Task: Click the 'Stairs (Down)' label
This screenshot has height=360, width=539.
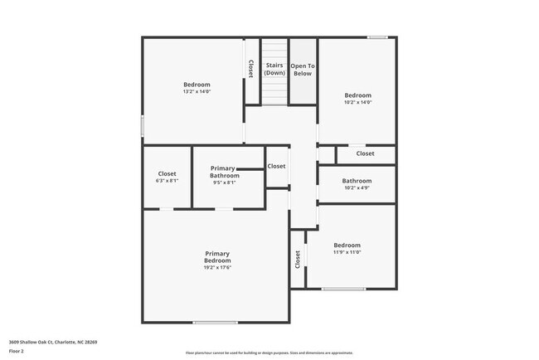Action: [x=274, y=69]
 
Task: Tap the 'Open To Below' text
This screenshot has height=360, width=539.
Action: [x=303, y=69]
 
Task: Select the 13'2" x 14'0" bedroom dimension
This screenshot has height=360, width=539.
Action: [x=197, y=92]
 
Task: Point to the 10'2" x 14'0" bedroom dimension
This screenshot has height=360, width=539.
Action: [x=358, y=103]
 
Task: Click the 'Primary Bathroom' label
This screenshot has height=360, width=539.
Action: [x=224, y=172]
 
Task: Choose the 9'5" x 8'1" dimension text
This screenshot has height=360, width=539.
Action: [x=224, y=182]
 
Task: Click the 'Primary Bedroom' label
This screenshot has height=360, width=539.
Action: [x=217, y=257]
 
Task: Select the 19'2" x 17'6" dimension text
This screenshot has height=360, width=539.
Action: [x=217, y=268]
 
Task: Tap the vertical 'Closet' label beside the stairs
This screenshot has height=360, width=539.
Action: [x=250, y=69]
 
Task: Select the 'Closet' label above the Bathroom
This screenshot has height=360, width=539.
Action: [x=365, y=153]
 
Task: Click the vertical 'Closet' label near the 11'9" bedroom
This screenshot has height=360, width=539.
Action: [x=297, y=260]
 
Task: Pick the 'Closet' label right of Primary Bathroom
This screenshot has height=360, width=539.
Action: [x=276, y=166]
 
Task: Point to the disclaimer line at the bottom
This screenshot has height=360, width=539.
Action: [x=269, y=353]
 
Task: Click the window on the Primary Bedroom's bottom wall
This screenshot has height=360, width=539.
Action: [x=215, y=323]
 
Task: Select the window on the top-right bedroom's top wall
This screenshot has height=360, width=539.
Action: [x=377, y=36]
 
